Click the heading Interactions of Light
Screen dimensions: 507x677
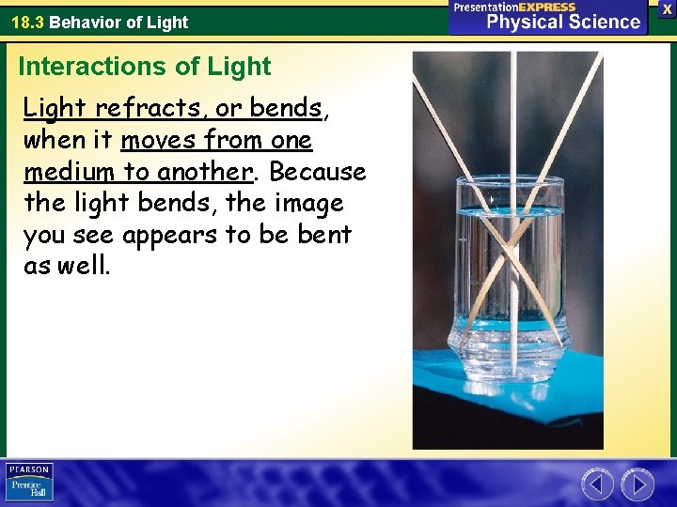[x=144, y=67]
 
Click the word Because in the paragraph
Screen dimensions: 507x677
[x=318, y=173]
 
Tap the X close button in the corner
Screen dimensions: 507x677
[x=667, y=8]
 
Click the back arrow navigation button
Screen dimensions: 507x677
[x=597, y=484]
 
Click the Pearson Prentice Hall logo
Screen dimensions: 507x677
[x=28, y=483]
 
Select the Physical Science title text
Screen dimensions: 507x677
[x=562, y=23]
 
